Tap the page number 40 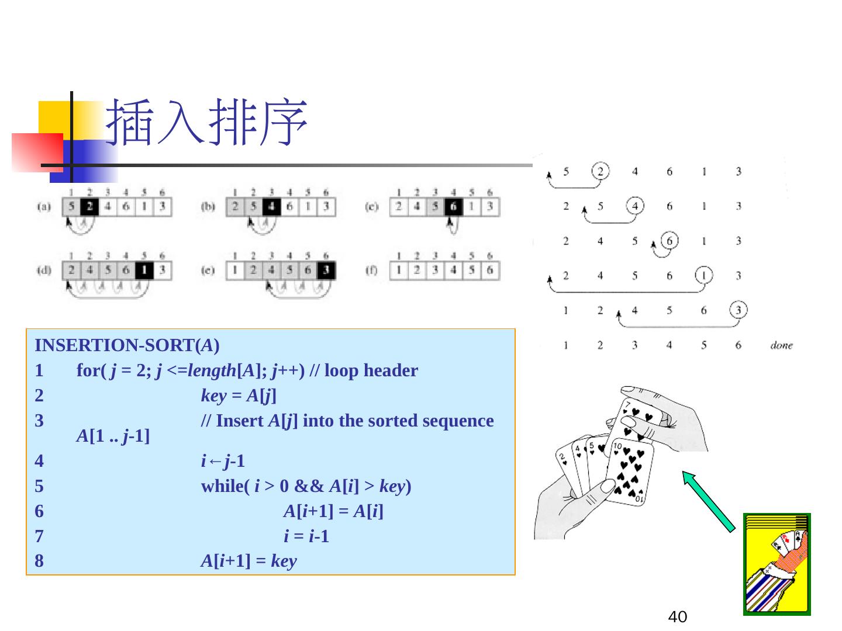(x=677, y=616)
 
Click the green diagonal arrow (x=709, y=501)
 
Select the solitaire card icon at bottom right (x=777, y=564)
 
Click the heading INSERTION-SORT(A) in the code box (x=127, y=345)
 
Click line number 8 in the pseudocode (x=39, y=561)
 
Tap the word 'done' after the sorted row (x=781, y=345)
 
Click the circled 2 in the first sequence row (x=600, y=171)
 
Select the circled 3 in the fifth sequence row (x=739, y=310)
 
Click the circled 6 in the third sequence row (x=669, y=241)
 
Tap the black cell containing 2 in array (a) (x=89, y=206)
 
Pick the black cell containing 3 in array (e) (x=326, y=271)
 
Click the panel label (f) (x=372, y=271)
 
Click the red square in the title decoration (x=37, y=152)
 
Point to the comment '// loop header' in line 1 (x=371, y=370)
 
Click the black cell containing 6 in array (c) (x=453, y=206)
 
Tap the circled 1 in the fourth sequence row (x=704, y=275)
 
